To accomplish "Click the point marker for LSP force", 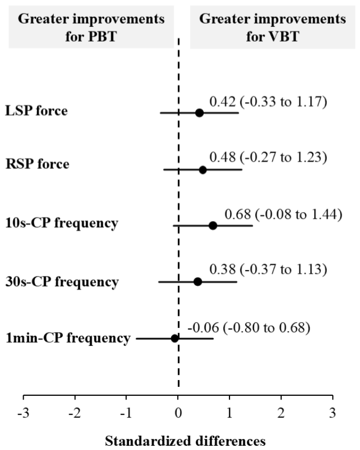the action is pos(199,113).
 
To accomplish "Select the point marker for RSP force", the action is pos(203,170).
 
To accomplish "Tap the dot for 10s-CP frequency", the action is pos(213,226).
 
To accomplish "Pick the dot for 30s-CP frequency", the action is pos(197,282).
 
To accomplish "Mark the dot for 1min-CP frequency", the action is pos(175,338).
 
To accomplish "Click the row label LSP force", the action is pos(36,111).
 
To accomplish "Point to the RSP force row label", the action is pos(37,164).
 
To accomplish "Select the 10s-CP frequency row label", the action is pos(62,223).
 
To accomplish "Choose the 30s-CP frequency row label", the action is pos(62,282).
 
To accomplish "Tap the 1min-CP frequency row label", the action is pos(68,338).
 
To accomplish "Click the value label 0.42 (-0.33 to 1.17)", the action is pos(268,102).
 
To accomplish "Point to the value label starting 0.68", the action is pos(283,214).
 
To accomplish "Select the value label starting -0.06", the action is pos(249,327).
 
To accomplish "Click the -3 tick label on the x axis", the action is pos(23,413).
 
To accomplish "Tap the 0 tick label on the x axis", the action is pos(178,413).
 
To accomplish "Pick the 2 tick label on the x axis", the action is pos(281,413).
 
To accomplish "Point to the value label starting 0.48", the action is pos(268,157).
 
